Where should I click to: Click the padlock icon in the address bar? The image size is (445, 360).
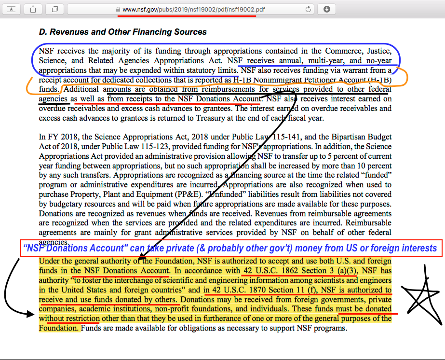pos(118,9)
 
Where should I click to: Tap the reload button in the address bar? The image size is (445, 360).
pos(308,9)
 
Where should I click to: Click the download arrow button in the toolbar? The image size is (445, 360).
pos(327,9)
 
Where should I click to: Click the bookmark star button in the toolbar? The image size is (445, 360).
pos(12,9)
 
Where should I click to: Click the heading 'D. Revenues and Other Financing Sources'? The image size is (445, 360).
pos(122,32)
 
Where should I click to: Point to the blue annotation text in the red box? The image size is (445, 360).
pos(230,249)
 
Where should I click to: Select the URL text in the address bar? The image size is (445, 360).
pos(193,9)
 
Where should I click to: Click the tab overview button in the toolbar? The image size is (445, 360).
pos(55,9)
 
